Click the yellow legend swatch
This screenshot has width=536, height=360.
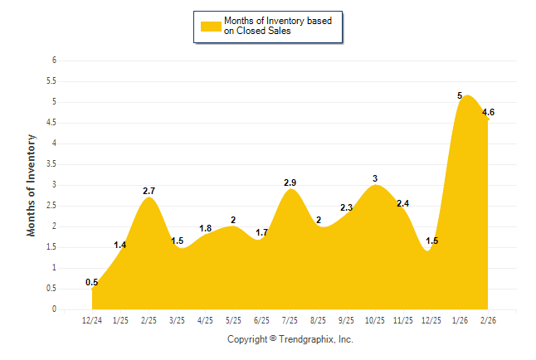tap(210, 26)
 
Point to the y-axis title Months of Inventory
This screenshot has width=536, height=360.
tap(32, 185)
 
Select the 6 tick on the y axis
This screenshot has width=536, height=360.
tap(54, 61)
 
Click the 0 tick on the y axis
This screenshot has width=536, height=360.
tap(54, 309)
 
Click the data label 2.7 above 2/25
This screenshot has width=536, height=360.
tap(149, 192)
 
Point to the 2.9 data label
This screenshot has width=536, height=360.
tap(290, 182)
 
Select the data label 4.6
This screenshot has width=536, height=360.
tap(488, 112)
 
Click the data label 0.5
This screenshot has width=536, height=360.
tap(92, 283)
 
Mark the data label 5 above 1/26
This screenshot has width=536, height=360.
tap(460, 95)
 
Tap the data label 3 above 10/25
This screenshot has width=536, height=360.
tap(375, 178)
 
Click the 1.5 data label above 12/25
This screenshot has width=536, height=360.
tap(432, 241)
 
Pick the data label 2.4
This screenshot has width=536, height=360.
tap(403, 203)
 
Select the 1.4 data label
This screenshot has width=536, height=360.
tap(120, 245)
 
